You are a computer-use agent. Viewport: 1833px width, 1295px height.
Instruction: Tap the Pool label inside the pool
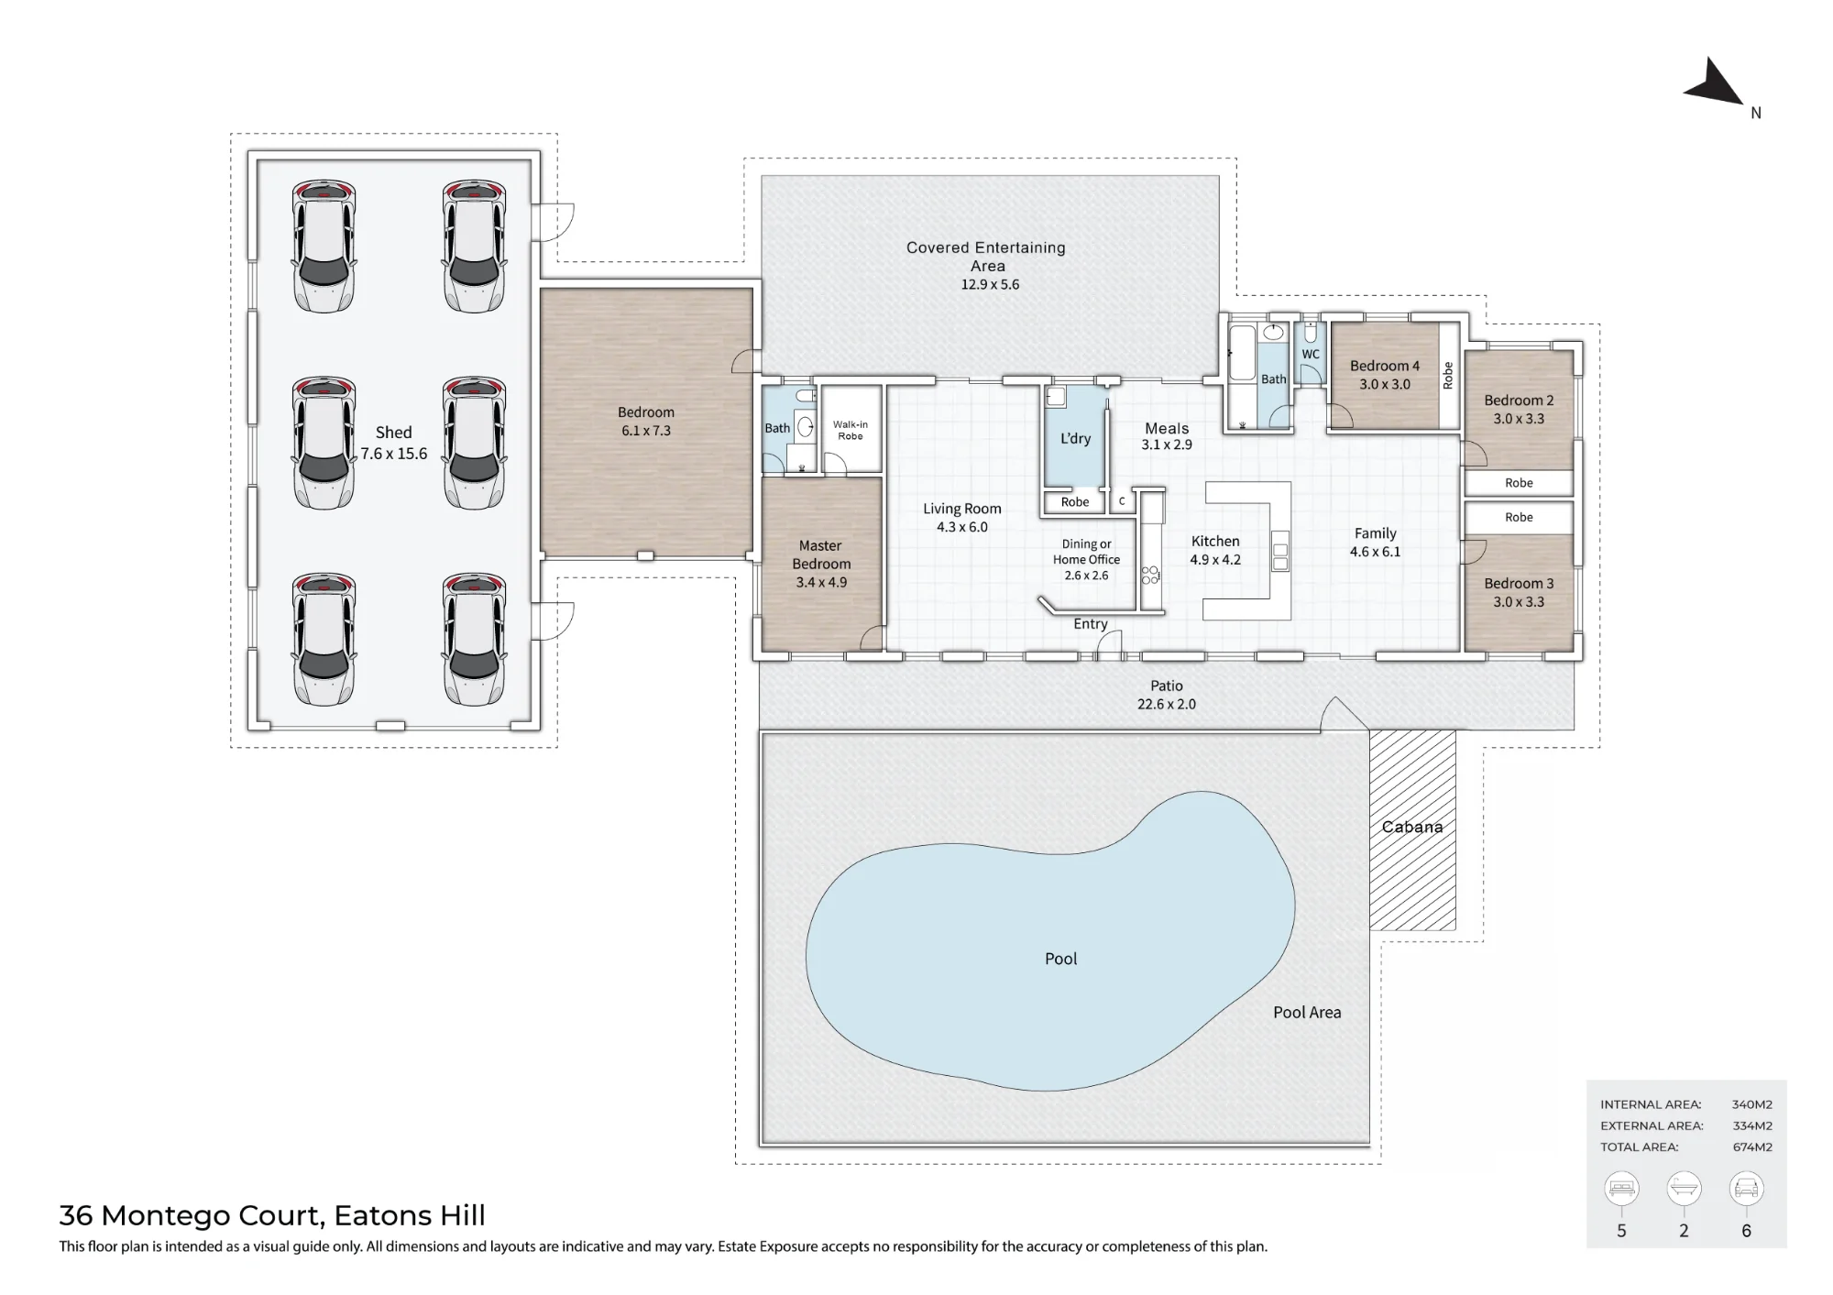tap(1060, 959)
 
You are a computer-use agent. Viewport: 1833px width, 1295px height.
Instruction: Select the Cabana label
tap(1412, 827)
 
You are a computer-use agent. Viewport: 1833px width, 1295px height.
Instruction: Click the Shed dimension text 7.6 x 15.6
tap(394, 454)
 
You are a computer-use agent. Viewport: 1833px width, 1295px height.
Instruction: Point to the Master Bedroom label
tap(821, 554)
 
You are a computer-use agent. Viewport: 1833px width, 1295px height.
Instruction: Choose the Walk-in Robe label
tap(851, 430)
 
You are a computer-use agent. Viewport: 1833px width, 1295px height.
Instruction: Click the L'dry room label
tap(1076, 438)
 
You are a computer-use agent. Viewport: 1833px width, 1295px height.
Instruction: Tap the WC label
tap(1311, 354)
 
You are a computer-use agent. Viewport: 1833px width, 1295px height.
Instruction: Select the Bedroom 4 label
tap(1385, 366)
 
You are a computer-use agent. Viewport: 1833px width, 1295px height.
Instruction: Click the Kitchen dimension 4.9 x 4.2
tap(1215, 560)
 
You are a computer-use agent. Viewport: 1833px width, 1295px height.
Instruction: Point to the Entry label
tap(1091, 624)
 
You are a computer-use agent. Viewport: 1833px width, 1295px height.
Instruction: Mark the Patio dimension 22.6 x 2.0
tap(1167, 704)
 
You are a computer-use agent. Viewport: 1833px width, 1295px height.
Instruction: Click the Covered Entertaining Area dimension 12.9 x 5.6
tap(990, 284)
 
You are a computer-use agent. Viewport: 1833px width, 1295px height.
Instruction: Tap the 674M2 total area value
tap(1752, 1147)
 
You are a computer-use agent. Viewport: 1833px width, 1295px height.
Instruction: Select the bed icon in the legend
tap(1621, 1189)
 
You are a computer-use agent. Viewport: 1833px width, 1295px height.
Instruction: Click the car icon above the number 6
tap(1746, 1189)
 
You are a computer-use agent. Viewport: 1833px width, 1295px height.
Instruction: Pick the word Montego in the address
tap(166, 1216)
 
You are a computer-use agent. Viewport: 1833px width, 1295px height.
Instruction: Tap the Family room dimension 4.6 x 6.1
tap(1375, 552)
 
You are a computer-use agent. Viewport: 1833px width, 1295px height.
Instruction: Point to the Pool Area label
tap(1307, 1013)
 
